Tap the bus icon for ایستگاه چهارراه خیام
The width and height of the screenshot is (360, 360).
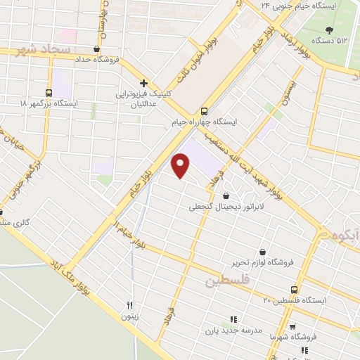205,111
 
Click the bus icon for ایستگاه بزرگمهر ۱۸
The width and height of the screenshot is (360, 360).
49,93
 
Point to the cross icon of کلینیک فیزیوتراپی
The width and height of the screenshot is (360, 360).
143,83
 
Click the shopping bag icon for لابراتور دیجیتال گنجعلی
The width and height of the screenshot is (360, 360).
226,196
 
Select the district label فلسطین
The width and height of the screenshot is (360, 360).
227,281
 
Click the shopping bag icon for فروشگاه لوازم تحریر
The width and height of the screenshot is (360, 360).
262,252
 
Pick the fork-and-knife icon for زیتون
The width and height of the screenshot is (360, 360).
129,305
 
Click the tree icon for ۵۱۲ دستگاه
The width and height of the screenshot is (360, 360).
330,29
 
